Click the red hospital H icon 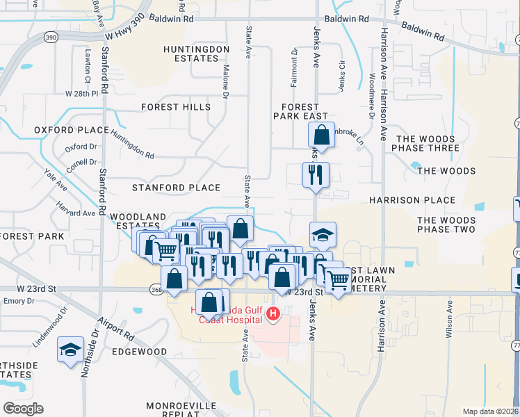273,315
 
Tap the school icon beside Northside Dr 70,350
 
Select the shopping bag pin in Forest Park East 322,133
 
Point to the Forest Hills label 175,107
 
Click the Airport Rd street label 116,328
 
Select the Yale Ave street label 56,180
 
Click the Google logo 23,409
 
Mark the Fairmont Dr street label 295,66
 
